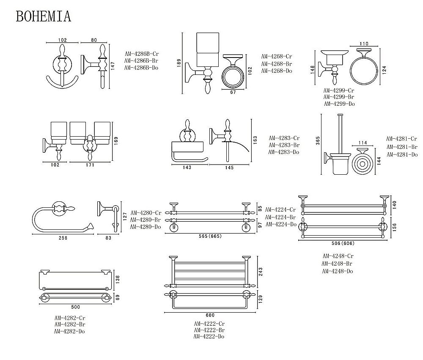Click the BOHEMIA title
pos(43,16)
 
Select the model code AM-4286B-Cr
pos(141,54)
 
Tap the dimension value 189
pos(179,63)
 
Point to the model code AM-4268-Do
pos(277,71)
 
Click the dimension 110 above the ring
pos(364,44)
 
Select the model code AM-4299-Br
pos(339,97)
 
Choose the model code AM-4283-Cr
pos(284,138)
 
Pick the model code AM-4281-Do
pos(401,154)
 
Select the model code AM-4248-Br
pos(338,264)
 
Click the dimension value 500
pos(77,306)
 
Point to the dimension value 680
pos(210,315)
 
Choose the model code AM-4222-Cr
pos(209,324)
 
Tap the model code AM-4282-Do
pos(70,331)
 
